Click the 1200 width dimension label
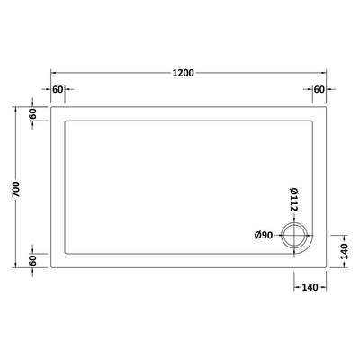(184, 73)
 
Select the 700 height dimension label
(15, 189)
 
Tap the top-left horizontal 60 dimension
(58, 89)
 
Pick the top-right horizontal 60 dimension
(319, 89)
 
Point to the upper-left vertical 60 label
(32, 113)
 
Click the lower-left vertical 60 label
(32, 260)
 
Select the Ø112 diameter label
(293, 199)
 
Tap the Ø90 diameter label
(264, 236)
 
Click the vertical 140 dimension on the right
(344, 251)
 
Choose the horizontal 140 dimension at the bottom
(310, 287)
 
